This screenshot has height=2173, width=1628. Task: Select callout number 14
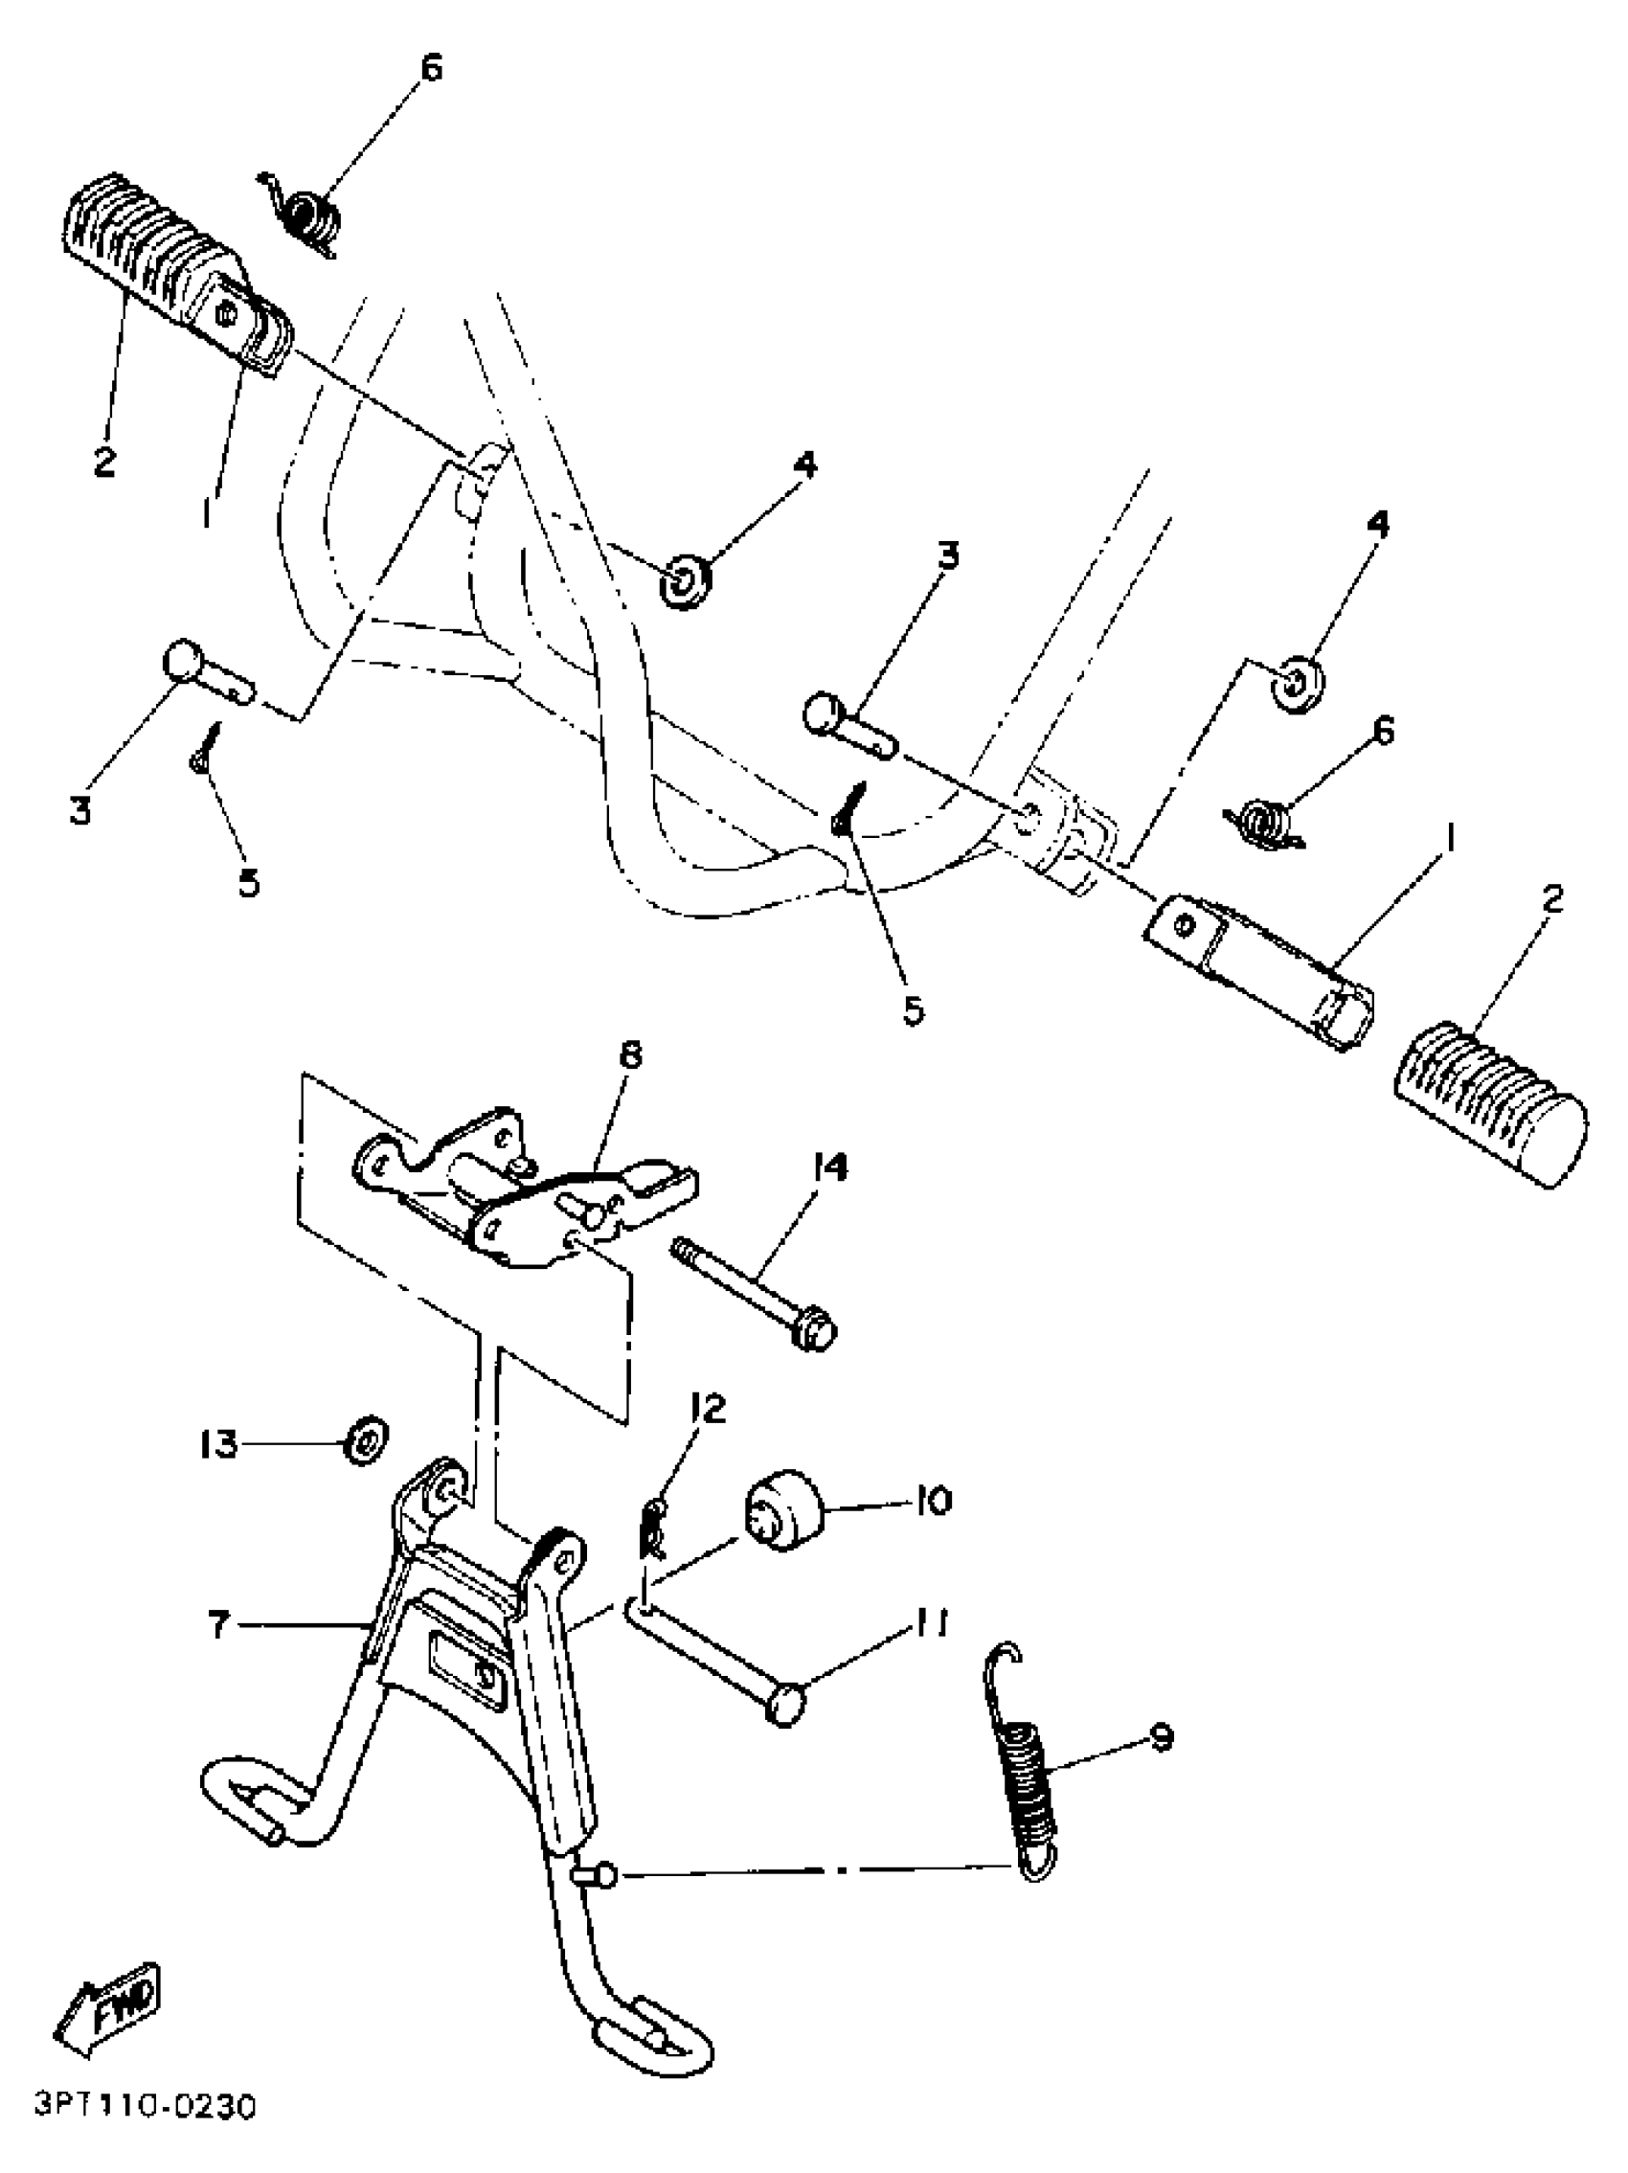pyautogui.click(x=829, y=1168)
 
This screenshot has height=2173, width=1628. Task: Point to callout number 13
pyautogui.click(x=218, y=1444)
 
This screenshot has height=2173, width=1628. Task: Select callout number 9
pyautogui.click(x=1161, y=1738)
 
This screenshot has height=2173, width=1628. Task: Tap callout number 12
pyautogui.click(x=707, y=1409)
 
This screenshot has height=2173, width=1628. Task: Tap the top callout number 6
pyautogui.click(x=430, y=69)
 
